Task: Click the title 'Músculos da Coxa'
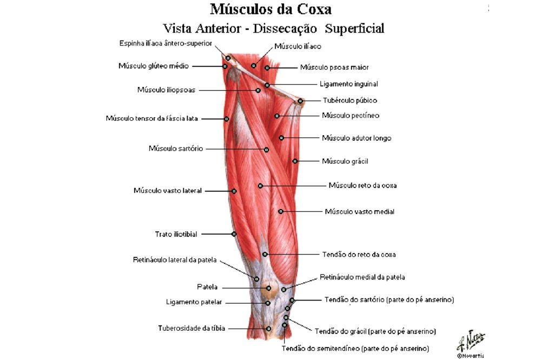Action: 271,9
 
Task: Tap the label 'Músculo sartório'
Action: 176,149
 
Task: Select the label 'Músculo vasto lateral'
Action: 168,191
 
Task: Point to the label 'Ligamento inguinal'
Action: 349,84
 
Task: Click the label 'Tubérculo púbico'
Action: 350,101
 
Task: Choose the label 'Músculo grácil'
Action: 345,161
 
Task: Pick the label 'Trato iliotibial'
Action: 176,234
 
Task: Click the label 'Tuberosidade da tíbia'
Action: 192,328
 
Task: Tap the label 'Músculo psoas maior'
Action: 334,67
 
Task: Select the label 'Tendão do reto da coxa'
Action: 359,255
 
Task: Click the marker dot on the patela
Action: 268,288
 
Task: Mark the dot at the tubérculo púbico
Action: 300,101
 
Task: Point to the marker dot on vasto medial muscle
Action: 281,211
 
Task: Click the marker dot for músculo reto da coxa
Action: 260,185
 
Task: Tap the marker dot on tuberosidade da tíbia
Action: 268,329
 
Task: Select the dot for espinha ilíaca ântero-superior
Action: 228,58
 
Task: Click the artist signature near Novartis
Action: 471,340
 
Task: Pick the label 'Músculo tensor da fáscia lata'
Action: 151,118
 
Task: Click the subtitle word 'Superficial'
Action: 354,28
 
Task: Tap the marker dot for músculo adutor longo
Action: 281,138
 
